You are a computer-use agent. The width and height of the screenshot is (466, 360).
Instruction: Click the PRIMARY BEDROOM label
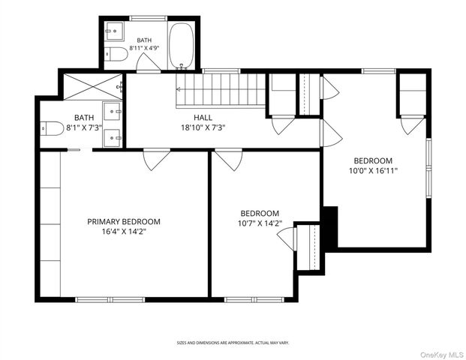(x=124, y=221)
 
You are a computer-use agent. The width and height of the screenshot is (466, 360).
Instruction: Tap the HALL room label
(x=203, y=118)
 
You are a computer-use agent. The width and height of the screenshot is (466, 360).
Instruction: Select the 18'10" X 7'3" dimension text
(x=203, y=127)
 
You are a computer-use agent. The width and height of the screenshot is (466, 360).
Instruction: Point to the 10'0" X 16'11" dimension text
(x=373, y=171)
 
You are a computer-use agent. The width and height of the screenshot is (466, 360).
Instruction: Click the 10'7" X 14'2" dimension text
(x=260, y=223)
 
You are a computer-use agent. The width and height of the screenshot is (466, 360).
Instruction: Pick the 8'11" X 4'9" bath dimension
(x=144, y=47)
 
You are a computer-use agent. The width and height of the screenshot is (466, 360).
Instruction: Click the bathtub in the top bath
(x=182, y=46)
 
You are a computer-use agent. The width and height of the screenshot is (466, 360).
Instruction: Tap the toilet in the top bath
(x=116, y=54)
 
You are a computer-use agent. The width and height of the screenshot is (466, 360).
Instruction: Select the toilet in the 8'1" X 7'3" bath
(x=52, y=128)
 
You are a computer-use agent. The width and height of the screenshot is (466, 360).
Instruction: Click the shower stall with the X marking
(x=93, y=86)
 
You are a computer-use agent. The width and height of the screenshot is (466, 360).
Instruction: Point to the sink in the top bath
(x=114, y=31)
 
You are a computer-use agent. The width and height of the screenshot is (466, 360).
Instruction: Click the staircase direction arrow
(x=179, y=88)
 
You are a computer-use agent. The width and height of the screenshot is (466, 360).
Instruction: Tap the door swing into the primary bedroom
(x=157, y=160)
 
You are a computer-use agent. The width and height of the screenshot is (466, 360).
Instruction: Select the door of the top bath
(x=148, y=62)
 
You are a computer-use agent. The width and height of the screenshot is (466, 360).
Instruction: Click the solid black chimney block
(x=330, y=227)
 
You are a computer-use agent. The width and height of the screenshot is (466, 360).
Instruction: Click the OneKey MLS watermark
(x=442, y=355)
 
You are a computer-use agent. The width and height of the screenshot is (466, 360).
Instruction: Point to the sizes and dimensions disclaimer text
(x=233, y=343)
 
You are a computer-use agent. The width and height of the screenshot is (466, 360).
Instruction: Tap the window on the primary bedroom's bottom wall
(x=110, y=300)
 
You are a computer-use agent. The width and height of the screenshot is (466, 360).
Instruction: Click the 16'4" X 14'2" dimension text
(x=124, y=232)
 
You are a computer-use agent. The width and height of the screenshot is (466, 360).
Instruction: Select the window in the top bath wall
(x=149, y=18)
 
